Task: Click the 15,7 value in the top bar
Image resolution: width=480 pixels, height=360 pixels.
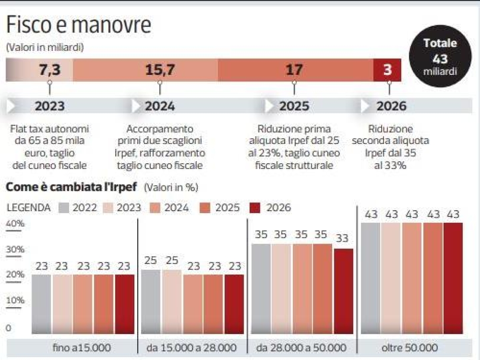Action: (160, 70)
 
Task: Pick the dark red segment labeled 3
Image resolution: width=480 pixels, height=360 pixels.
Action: (387, 70)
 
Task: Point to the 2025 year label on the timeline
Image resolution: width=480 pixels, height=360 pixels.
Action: (294, 106)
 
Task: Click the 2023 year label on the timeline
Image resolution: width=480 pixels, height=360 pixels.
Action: (49, 106)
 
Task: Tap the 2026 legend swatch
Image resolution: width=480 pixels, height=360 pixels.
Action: (254, 208)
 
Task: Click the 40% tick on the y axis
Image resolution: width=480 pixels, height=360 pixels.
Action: (15, 224)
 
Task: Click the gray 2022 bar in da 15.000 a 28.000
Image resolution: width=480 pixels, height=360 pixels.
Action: (151, 302)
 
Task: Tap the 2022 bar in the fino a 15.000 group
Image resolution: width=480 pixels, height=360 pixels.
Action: (41, 304)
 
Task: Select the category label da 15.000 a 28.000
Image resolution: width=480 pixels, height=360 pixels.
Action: (191, 348)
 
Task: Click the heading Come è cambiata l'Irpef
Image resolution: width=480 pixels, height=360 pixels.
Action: (72, 187)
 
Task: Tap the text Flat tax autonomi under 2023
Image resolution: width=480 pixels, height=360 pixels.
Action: (49, 129)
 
